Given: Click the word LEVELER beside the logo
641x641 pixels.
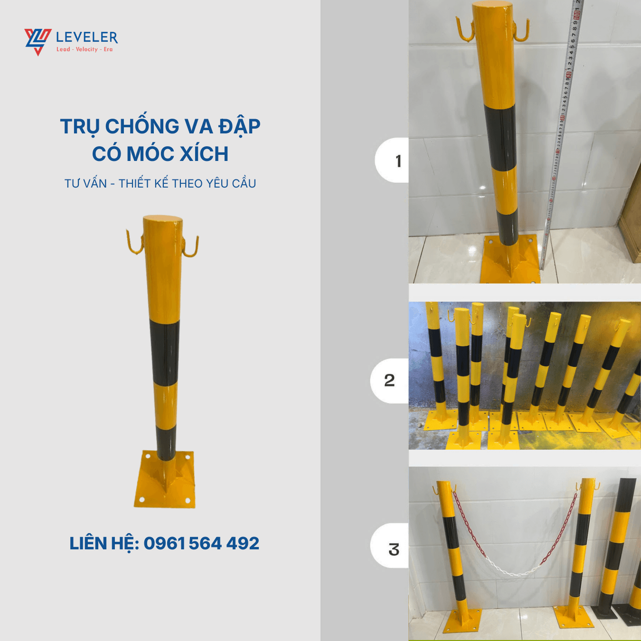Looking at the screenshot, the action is (87, 37).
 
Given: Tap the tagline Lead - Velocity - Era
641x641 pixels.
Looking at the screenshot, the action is (85, 49).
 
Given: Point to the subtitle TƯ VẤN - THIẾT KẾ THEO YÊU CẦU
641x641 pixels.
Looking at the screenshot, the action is (160, 183).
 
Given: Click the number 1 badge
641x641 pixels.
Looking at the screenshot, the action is (392, 160).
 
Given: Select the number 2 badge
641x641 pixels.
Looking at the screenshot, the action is (389, 380).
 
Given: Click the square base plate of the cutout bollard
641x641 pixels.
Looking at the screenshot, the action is (164, 480).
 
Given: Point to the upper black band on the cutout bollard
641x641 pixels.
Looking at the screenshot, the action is (164, 352).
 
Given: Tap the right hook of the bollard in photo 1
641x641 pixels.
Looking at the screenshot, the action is (522, 30).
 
